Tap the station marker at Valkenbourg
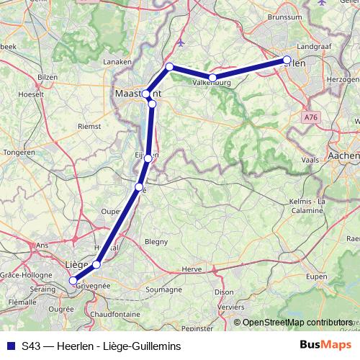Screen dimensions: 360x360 click(212, 78)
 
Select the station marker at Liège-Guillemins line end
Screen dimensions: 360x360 click(73, 281)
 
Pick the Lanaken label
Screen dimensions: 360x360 click(117, 63)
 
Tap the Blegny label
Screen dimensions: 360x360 click(156, 242)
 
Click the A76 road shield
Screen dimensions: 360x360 click(312, 116)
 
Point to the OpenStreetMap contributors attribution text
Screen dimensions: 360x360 click(297, 323)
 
